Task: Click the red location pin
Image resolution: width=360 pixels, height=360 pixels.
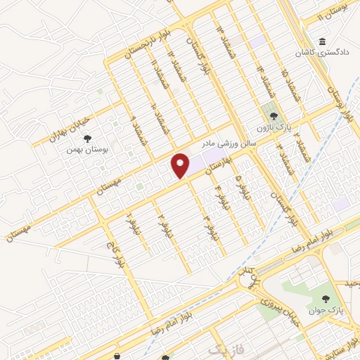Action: [181, 165]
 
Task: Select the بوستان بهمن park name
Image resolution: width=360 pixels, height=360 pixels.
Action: [80, 150]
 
